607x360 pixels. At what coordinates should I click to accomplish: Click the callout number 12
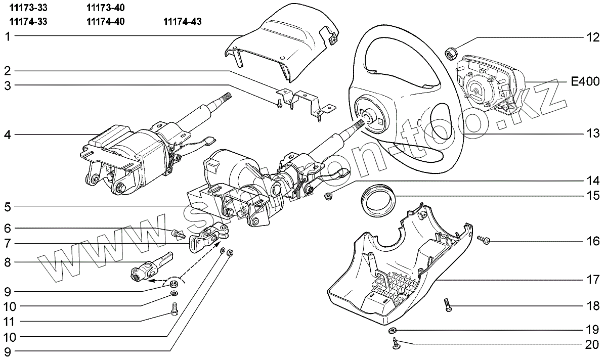coord(592,37)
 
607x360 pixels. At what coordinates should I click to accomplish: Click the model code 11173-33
coord(28,8)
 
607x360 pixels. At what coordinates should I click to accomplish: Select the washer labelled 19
coord(393,331)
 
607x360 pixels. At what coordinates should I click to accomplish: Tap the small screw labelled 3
coord(279,104)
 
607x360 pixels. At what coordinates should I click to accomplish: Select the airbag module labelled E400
coord(486,87)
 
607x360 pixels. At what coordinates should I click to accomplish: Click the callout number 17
coord(592,279)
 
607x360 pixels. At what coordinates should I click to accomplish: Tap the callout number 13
coord(592,134)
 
